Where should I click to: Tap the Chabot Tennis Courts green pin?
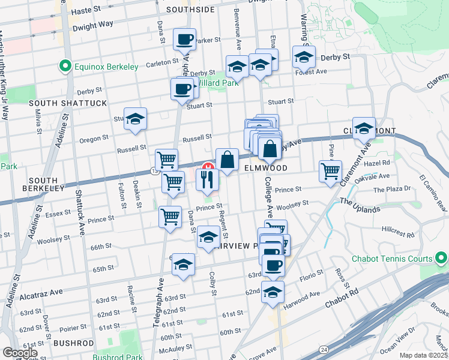coord(441,259)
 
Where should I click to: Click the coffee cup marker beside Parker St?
coord(184,40)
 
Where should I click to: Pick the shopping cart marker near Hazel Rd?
coord(330,171)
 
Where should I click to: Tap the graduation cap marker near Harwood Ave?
coord(273,293)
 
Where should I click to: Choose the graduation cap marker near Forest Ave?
coord(304,58)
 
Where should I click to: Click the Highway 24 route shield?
coord(324,349)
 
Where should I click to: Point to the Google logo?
coord(20,352)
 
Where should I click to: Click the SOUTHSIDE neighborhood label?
coord(190,10)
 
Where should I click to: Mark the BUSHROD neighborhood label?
coord(73,343)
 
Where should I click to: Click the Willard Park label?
coord(219,83)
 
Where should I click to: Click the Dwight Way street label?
coord(92,26)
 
